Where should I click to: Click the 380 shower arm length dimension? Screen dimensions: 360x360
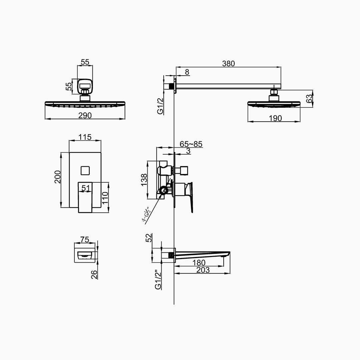(228, 64)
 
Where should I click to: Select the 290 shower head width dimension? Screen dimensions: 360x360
(85, 115)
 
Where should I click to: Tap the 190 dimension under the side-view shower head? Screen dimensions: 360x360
(275, 118)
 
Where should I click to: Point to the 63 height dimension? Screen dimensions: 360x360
(310, 98)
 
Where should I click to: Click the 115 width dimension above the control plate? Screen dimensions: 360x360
(85, 137)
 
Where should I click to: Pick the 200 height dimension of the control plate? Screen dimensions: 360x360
(58, 177)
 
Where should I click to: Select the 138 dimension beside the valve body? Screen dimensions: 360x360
(144, 180)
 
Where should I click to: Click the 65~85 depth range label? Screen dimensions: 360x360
(191, 144)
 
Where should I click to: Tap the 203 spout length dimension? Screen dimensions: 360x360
(203, 270)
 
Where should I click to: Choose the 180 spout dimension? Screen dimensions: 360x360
(199, 263)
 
